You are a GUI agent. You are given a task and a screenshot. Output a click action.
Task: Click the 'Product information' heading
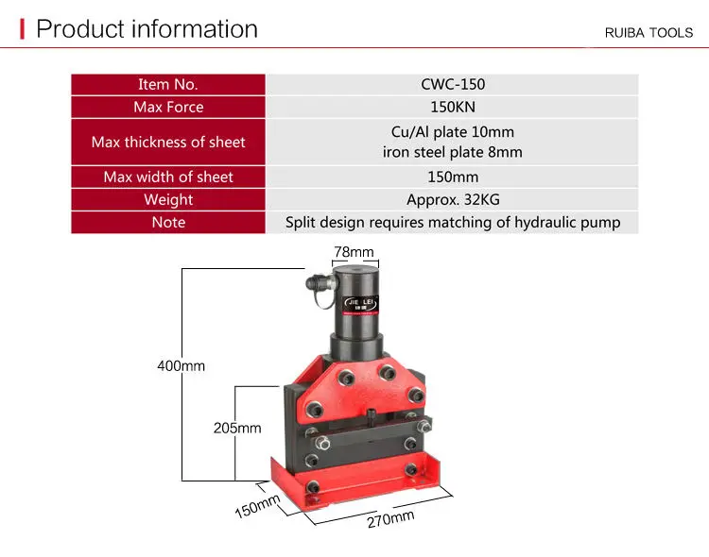tap(147, 29)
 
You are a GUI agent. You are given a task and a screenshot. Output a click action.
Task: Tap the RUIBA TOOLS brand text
tap(648, 32)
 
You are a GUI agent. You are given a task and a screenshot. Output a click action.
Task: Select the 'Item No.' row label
tap(168, 84)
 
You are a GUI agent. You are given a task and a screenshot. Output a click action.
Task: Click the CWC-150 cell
tap(453, 84)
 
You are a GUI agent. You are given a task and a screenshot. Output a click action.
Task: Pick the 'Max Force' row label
tap(168, 107)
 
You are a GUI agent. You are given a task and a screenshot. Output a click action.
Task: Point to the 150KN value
tap(453, 107)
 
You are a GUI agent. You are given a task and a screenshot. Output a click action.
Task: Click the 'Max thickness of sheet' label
tap(168, 142)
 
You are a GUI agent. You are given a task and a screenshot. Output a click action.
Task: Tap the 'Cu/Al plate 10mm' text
tap(453, 131)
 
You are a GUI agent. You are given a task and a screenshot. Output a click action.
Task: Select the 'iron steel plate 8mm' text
tap(453, 152)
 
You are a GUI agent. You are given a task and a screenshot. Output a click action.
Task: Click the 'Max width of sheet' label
tap(168, 177)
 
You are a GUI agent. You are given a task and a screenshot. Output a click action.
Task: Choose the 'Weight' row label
tap(168, 199)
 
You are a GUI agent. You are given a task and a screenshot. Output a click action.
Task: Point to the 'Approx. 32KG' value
tap(453, 199)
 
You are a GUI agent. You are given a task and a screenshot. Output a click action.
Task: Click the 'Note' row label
tap(168, 222)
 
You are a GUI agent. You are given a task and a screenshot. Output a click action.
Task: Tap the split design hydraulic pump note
tap(453, 222)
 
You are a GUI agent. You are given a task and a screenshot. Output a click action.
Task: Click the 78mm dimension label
tap(354, 252)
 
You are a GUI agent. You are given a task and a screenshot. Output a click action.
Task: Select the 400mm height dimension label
tap(181, 365)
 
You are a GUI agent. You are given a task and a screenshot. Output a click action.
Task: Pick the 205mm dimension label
tap(236, 428)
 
